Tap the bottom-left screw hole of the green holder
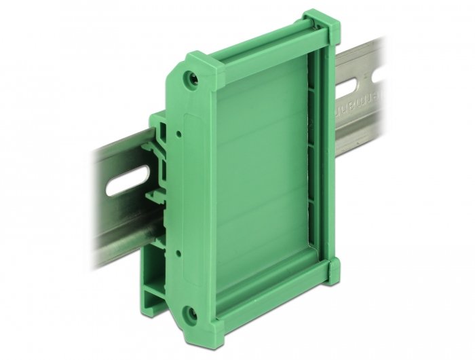(x=192, y=313)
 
